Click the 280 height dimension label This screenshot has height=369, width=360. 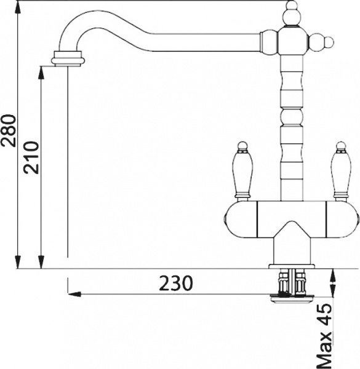9,130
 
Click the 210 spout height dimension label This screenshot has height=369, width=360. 32,157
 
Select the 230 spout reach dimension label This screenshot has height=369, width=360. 176,283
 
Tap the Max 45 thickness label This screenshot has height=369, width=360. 324,336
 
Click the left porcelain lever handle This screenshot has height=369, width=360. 242,175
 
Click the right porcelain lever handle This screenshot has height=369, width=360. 341,175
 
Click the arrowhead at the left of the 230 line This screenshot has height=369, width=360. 74,294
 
